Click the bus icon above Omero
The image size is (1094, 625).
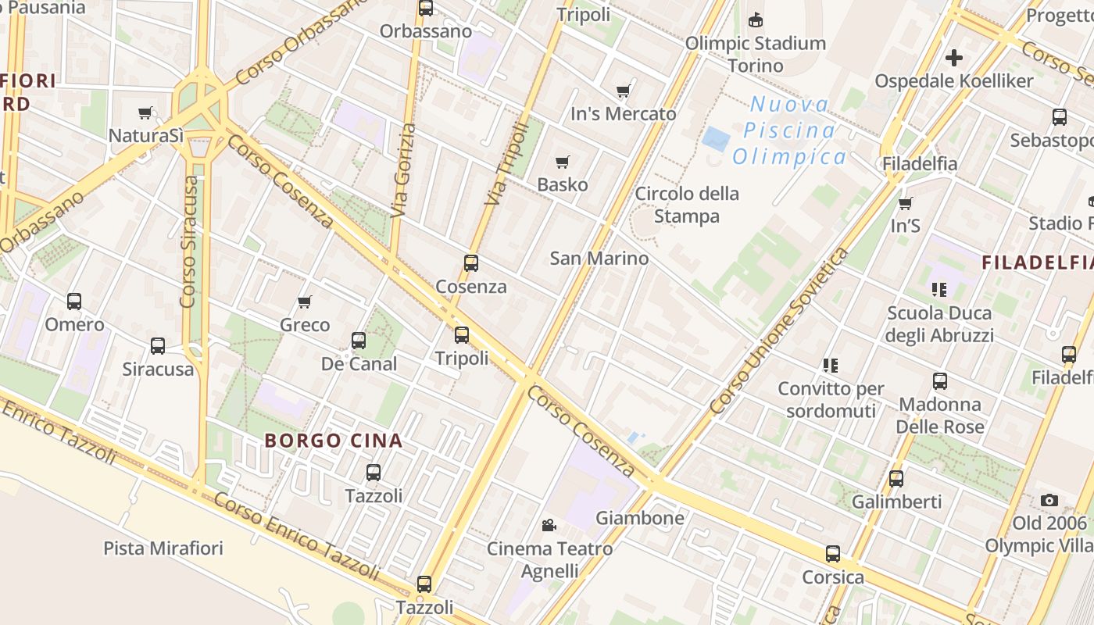coord(74,302)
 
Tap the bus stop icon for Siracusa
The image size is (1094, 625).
coord(157,346)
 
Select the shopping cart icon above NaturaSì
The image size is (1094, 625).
coord(145,113)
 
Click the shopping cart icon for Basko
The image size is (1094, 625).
coord(562,162)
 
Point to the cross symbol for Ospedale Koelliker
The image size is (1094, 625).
coord(953,58)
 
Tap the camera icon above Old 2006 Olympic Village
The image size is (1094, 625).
coord(1049,500)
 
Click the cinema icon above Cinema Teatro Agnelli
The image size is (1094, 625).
coord(549,526)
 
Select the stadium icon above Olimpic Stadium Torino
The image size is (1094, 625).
coord(755,20)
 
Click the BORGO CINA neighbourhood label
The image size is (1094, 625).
coord(334,441)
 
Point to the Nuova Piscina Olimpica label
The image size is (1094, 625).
coord(789,130)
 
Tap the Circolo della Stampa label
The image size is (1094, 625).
coord(686,205)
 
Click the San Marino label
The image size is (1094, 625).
coord(599,258)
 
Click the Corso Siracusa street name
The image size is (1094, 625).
coord(189,241)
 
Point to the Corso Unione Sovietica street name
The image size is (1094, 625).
coord(779,331)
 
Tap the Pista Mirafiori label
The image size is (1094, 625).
coord(163,548)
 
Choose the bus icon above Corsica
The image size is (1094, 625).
coord(833,554)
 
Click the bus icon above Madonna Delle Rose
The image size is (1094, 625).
coord(939,381)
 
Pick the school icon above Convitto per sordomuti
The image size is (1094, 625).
coord(830,365)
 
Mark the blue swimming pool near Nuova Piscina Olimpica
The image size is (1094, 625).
coord(716,140)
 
